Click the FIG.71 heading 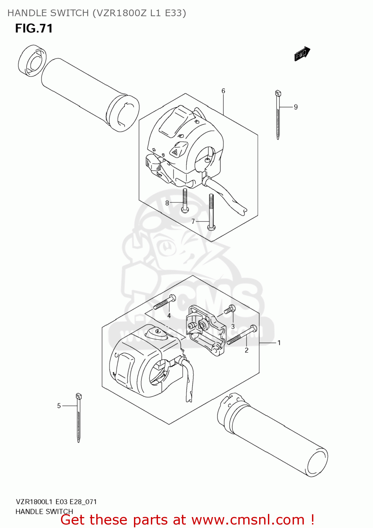point(34,29)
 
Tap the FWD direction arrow point(302,54)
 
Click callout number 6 point(223,91)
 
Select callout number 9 point(296,107)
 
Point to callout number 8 point(167,203)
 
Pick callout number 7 point(193,221)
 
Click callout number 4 point(169,316)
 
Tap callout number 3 point(233,327)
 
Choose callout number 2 point(246,350)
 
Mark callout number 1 point(279,343)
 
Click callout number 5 point(59,406)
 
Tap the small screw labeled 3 point(230,309)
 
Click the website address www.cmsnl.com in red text point(248,520)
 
